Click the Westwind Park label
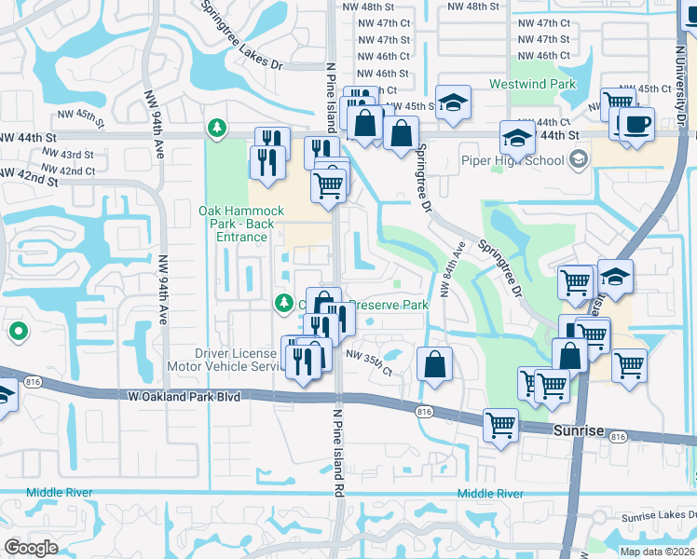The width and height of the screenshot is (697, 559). [x=532, y=84]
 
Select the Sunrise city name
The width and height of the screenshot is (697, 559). [x=579, y=432]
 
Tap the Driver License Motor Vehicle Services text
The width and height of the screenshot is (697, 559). [x=238, y=360]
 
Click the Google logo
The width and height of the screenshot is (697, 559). [x=31, y=548]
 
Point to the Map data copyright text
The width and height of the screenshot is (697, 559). [x=657, y=552]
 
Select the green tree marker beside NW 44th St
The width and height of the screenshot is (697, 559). [x=217, y=126]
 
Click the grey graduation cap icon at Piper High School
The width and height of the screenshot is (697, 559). [x=580, y=159]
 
